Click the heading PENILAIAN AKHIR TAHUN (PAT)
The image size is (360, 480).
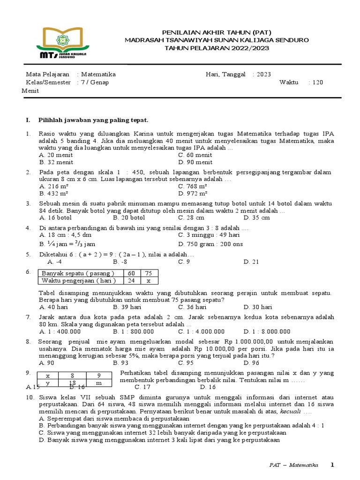coord(216,32)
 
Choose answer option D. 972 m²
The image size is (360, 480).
coord(193,193)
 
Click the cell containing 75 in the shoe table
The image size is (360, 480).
coord(149,273)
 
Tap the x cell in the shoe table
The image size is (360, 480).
coord(149,280)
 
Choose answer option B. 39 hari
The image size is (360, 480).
coord(127,307)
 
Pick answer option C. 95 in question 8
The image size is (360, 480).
coord(186,362)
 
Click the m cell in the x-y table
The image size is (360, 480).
coord(98,383)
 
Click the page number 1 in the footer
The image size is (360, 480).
coord(332,465)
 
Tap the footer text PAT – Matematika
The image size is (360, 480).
coord(293,465)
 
